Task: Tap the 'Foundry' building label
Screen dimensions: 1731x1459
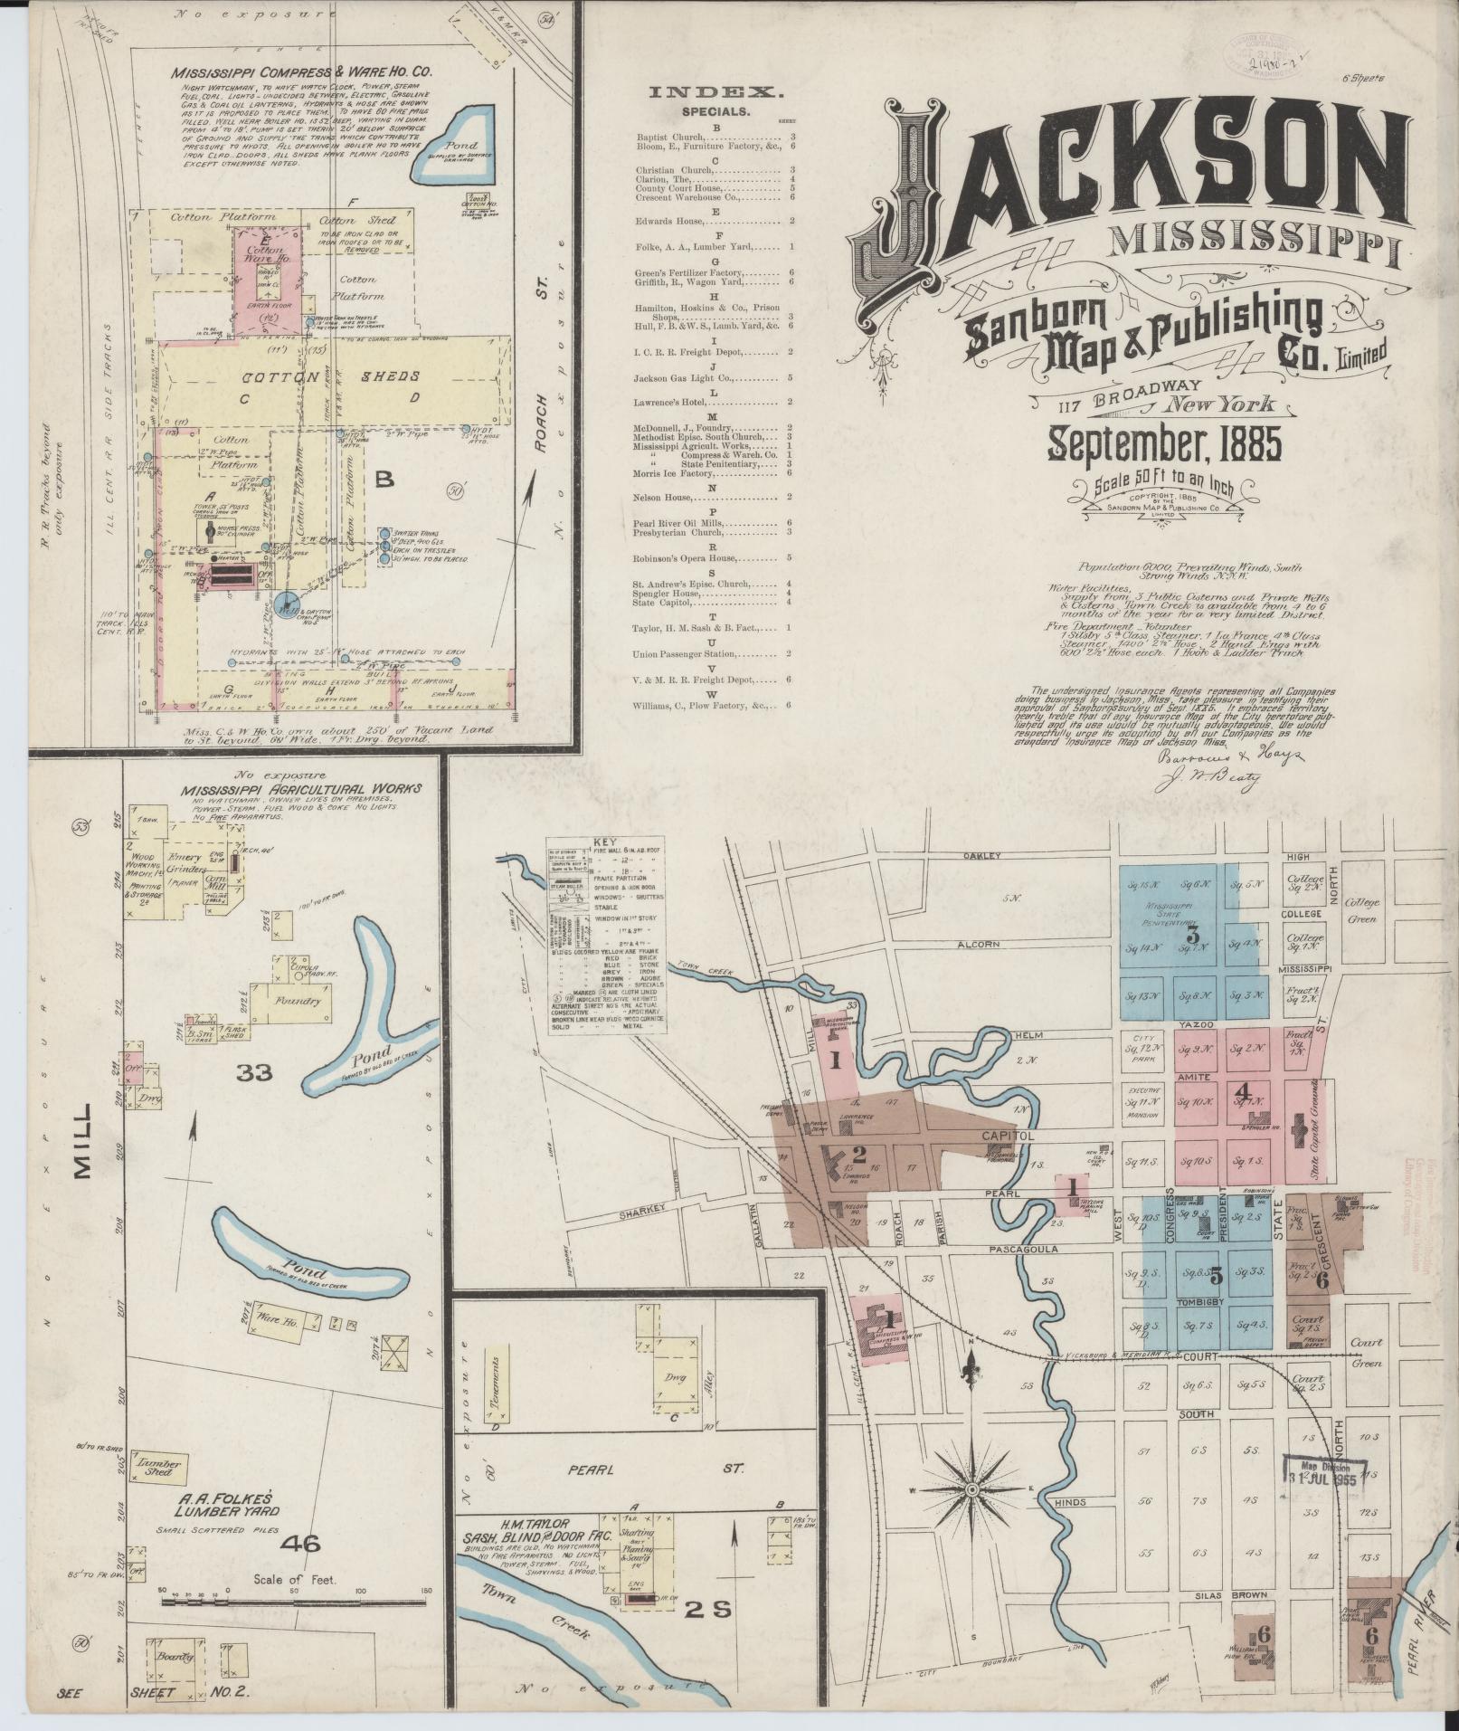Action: [x=300, y=1002]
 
